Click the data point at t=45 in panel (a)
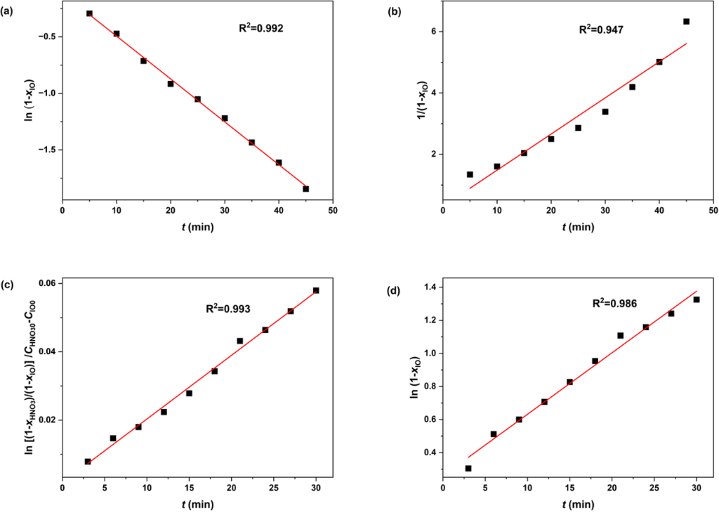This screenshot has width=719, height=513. tap(305, 188)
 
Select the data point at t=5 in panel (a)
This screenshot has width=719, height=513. tap(89, 13)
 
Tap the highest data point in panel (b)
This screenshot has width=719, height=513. tap(686, 22)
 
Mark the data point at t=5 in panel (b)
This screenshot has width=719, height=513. tap(470, 174)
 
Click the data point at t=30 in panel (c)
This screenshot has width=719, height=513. tap(316, 290)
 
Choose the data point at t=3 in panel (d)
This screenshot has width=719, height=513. tap(468, 468)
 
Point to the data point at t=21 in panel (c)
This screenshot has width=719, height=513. tap(239, 341)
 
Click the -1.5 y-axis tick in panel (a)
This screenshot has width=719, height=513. tap(46, 150)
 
